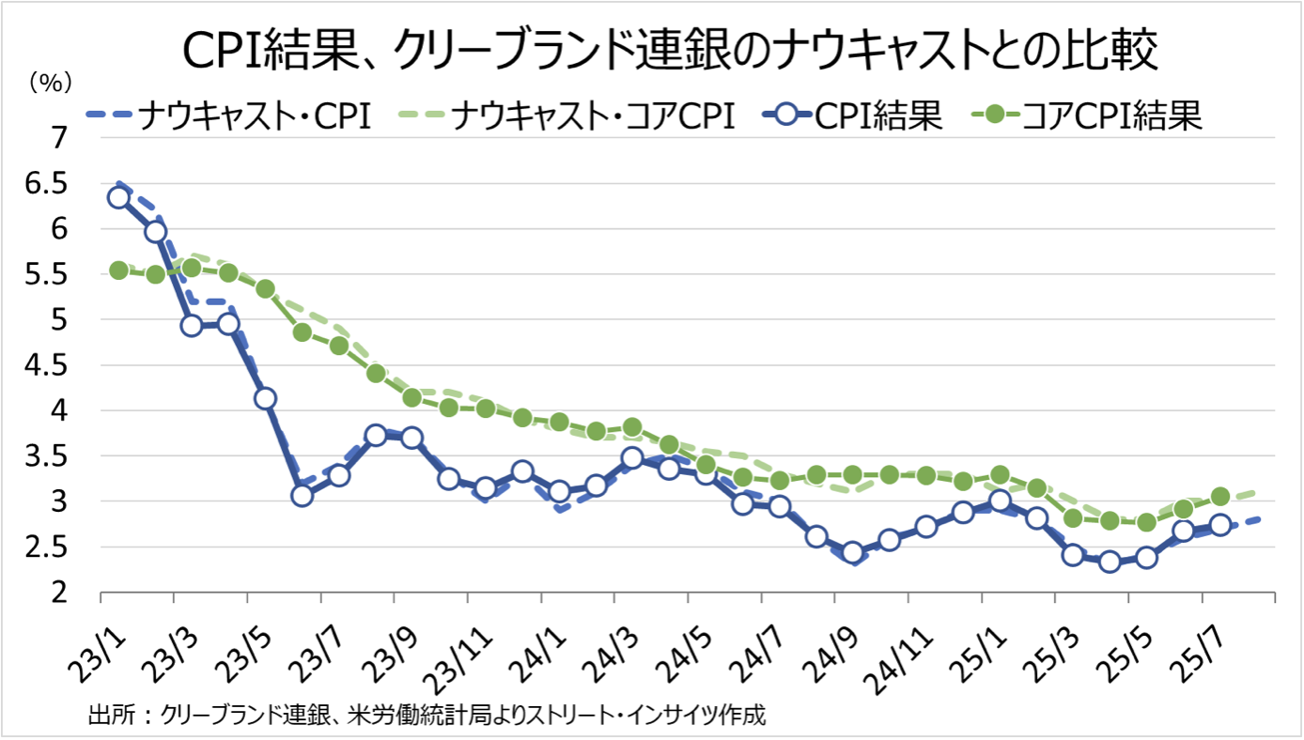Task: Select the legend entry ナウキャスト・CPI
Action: (230, 117)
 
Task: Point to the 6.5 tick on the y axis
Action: (48, 184)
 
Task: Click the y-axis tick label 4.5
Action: (48, 366)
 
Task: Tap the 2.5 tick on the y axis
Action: (48, 548)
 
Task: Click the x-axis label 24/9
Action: (838, 638)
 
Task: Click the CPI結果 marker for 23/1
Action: (118, 197)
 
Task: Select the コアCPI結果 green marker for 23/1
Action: (118, 270)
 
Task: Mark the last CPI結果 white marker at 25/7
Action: (1220, 525)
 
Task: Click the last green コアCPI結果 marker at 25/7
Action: (1220, 497)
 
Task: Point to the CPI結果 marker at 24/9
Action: (852, 553)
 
